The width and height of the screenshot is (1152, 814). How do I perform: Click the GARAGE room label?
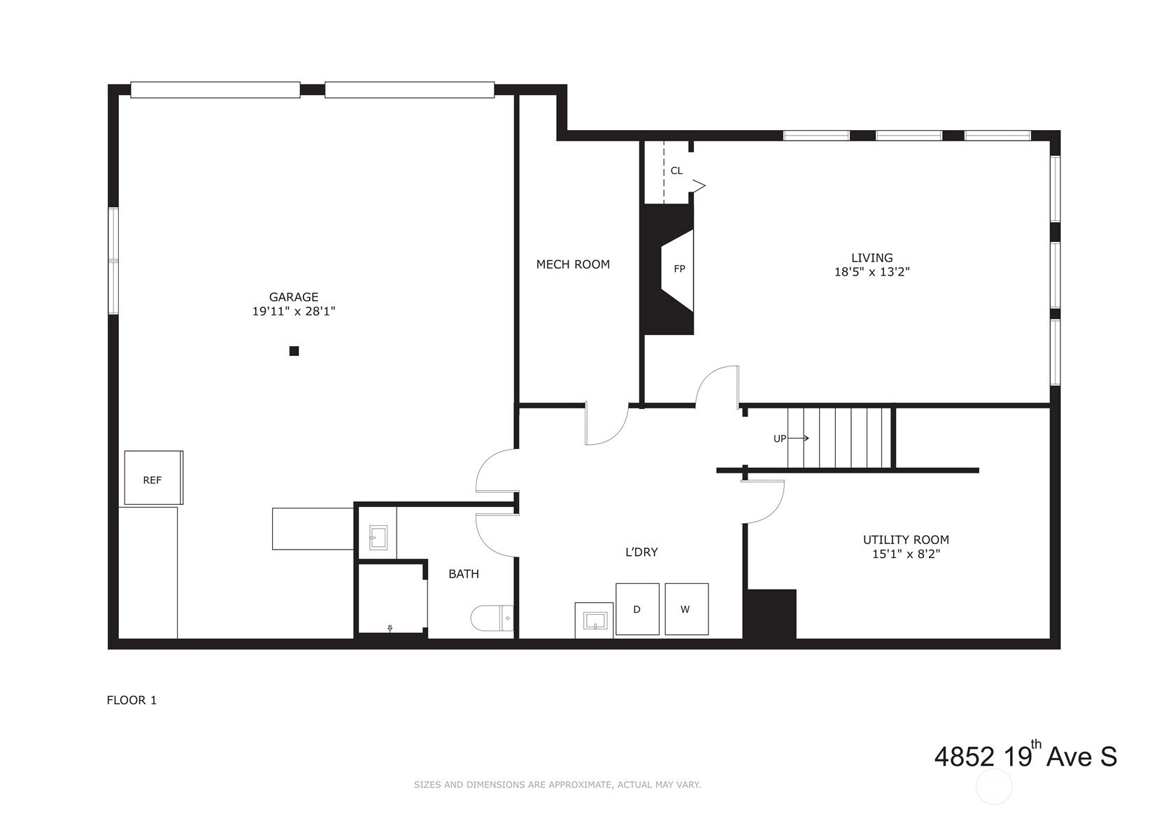point(294,297)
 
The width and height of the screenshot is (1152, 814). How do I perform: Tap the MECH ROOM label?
point(573,264)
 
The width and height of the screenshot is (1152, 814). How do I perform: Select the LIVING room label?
point(872,257)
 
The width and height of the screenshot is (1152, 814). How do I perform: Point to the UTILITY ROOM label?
point(906,539)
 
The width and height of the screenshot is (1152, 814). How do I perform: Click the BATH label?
point(463,573)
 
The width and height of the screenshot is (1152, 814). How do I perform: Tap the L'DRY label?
point(641,552)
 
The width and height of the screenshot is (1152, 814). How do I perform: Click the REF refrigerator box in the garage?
point(154,478)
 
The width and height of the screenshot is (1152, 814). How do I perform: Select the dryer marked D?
point(637,609)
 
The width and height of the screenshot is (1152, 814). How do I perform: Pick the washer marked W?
point(687,609)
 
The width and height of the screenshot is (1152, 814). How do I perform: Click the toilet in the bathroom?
point(492,618)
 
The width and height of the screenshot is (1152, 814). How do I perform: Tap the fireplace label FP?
point(679,269)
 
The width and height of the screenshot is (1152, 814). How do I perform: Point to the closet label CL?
point(676,170)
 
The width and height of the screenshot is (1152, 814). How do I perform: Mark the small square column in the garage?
point(294,351)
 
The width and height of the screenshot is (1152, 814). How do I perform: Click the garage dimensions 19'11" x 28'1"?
point(294,311)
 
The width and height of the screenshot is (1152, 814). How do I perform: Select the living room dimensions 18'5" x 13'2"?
point(872,272)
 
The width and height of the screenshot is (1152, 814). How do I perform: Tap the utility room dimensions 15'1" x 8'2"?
point(906,554)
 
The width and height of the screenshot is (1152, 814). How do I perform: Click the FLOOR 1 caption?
point(131,700)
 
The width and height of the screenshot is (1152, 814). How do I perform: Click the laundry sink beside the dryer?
point(594,621)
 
